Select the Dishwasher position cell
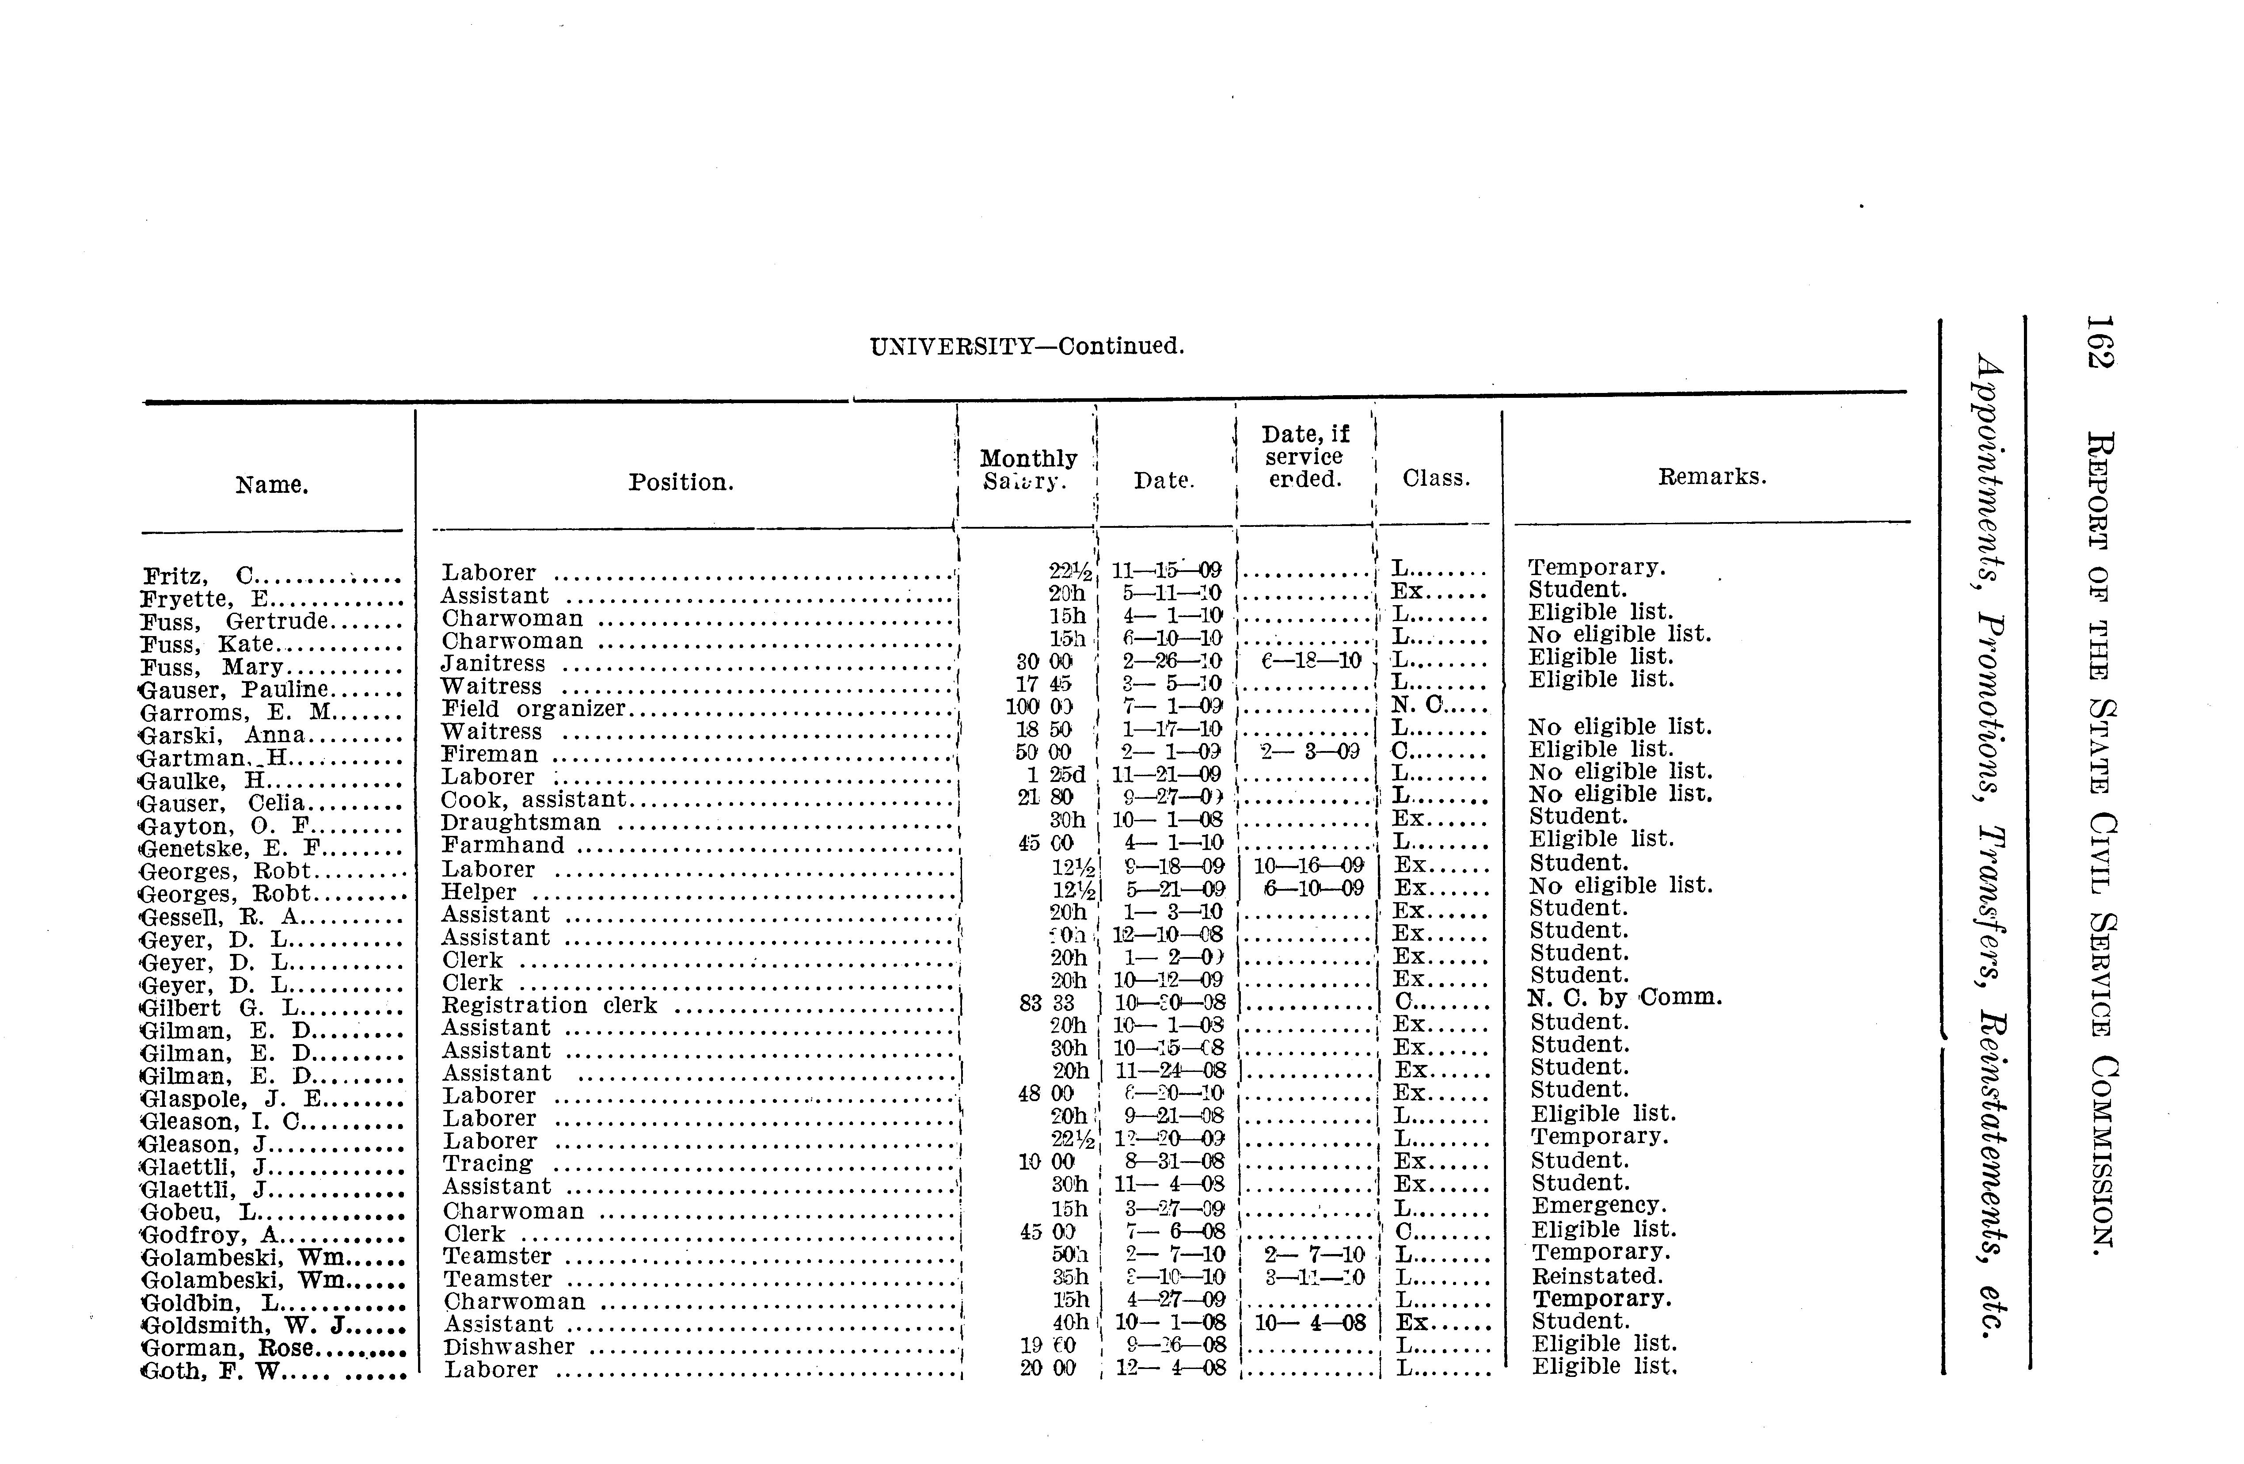pos(509,1347)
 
